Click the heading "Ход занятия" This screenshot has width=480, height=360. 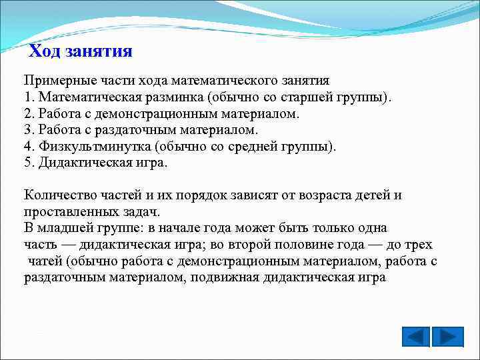(81, 51)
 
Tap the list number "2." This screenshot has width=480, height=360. (30, 113)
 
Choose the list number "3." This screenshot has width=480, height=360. (30, 129)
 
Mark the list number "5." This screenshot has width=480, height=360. (30, 162)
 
